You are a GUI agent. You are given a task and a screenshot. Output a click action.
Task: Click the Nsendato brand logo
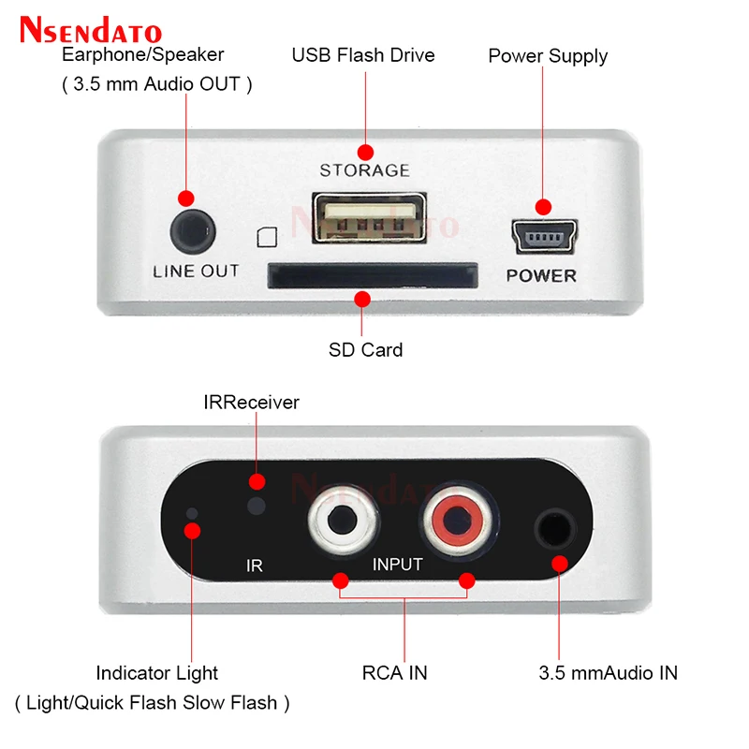tap(91, 32)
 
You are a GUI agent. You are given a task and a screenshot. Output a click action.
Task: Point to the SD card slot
tap(373, 274)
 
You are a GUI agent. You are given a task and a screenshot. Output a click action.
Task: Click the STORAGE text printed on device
tap(364, 170)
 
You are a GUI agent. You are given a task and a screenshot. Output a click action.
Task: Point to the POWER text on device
tap(541, 275)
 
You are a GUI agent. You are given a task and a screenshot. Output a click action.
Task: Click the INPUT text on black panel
tap(397, 565)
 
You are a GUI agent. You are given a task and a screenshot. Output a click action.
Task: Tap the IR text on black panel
tap(254, 566)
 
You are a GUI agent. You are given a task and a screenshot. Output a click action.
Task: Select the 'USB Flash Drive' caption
tap(363, 55)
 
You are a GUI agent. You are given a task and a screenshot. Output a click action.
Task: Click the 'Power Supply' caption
tap(548, 56)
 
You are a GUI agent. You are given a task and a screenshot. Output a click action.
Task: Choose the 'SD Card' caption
tap(365, 350)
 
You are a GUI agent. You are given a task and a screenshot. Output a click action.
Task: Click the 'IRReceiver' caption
tap(251, 403)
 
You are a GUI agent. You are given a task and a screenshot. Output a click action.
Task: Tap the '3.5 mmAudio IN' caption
tap(608, 672)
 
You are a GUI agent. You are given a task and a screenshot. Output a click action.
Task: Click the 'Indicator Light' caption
tap(156, 672)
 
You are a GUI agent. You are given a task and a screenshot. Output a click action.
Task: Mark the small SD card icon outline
tap(266, 237)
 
